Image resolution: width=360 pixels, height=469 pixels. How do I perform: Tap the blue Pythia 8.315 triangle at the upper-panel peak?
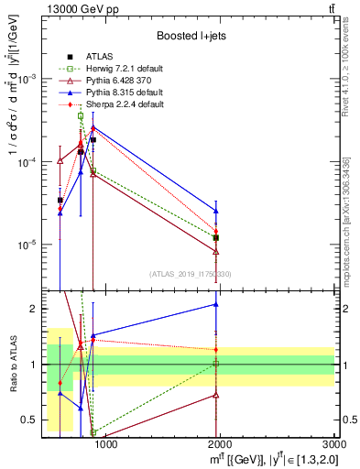coord(93,127)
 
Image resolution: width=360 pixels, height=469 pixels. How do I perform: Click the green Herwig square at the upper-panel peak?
coord(81,116)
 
